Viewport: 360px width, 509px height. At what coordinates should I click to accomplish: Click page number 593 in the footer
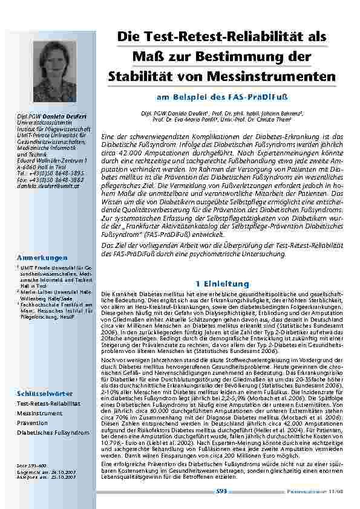pos(221,491)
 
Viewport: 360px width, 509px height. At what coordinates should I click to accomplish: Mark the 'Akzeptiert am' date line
pos(46,477)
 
